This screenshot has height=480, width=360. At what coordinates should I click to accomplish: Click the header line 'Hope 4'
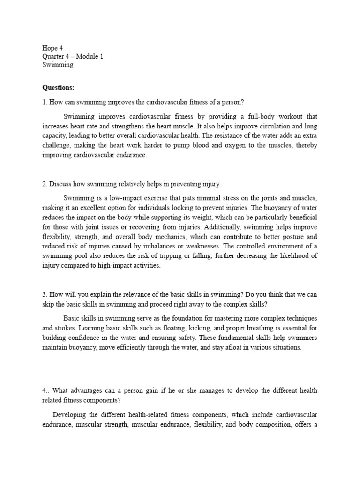click(x=52, y=47)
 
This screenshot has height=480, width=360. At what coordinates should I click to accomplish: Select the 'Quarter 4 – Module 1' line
click(x=73, y=56)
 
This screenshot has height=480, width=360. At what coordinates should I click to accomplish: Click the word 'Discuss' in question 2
click(x=60, y=184)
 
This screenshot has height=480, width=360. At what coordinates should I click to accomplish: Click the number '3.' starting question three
click(x=45, y=295)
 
